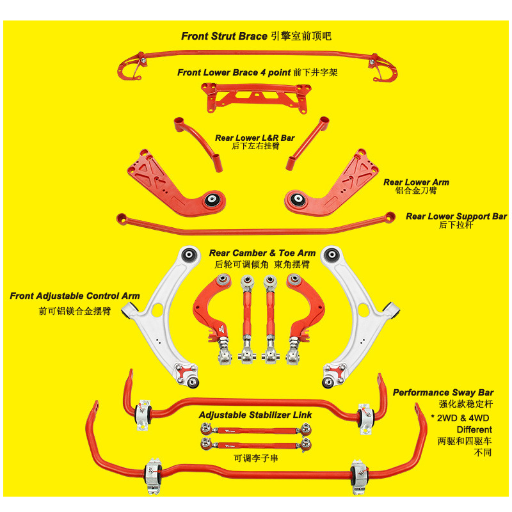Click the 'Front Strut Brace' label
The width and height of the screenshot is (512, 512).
click(223, 36)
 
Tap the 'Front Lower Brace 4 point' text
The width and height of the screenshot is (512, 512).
click(234, 72)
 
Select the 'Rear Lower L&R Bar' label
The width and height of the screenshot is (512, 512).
click(255, 138)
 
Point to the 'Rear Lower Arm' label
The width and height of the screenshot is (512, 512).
click(416, 182)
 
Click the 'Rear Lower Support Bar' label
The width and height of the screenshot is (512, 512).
click(456, 216)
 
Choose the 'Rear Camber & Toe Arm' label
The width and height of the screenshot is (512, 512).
click(262, 253)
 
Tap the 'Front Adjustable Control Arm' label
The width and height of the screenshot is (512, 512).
click(75, 296)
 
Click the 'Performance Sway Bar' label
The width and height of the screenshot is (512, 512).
click(443, 392)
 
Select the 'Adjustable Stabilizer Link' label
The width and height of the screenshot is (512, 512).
click(255, 415)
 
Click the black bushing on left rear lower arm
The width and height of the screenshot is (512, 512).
click(213, 199)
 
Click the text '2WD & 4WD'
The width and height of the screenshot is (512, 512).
click(465, 417)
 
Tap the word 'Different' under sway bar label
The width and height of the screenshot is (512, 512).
click(474, 429)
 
